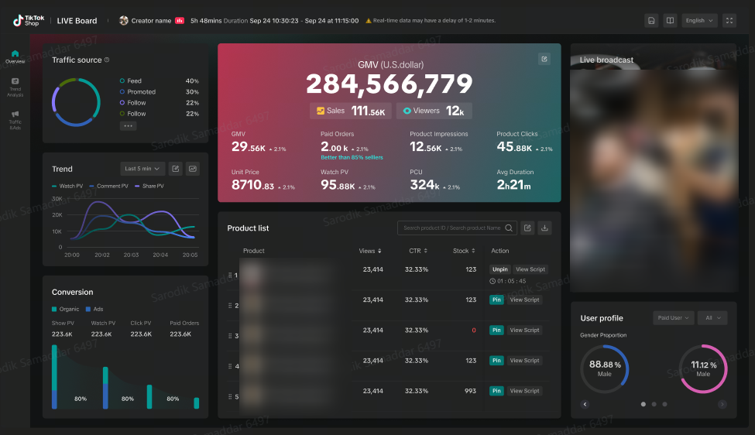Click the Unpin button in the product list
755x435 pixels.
[500, 269]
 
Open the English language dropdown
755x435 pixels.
[699, 21]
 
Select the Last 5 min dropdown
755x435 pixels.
[143, 169]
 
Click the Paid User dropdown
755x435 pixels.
[673, 318]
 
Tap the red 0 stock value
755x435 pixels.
[474, 330]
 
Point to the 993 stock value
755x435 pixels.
[471, 391]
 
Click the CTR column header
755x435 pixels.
[418, 251]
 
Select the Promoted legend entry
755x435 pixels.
[141, 92]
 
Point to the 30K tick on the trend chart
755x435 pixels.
[57, 199]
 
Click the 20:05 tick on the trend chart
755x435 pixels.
[190, 255]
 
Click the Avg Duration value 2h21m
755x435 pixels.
[514, 186]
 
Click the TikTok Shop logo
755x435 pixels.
[29, 21]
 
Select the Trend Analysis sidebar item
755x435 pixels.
[15, 87]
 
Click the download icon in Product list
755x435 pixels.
[545, 228]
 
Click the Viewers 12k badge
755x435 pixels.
[434, 111]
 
